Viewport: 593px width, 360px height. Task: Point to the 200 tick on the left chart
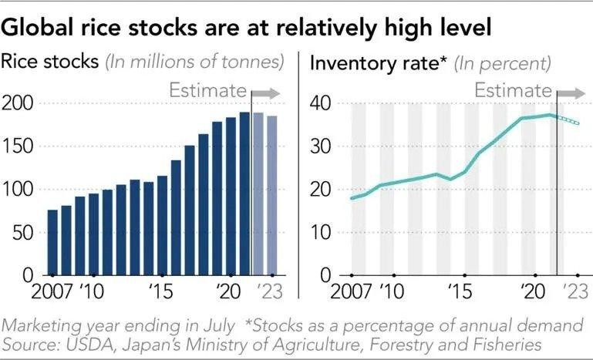point(22,103)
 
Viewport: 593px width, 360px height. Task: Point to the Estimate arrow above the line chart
point(572,93)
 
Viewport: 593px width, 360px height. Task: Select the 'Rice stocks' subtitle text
point(50,62)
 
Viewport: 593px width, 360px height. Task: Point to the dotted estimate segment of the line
point(568,119)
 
